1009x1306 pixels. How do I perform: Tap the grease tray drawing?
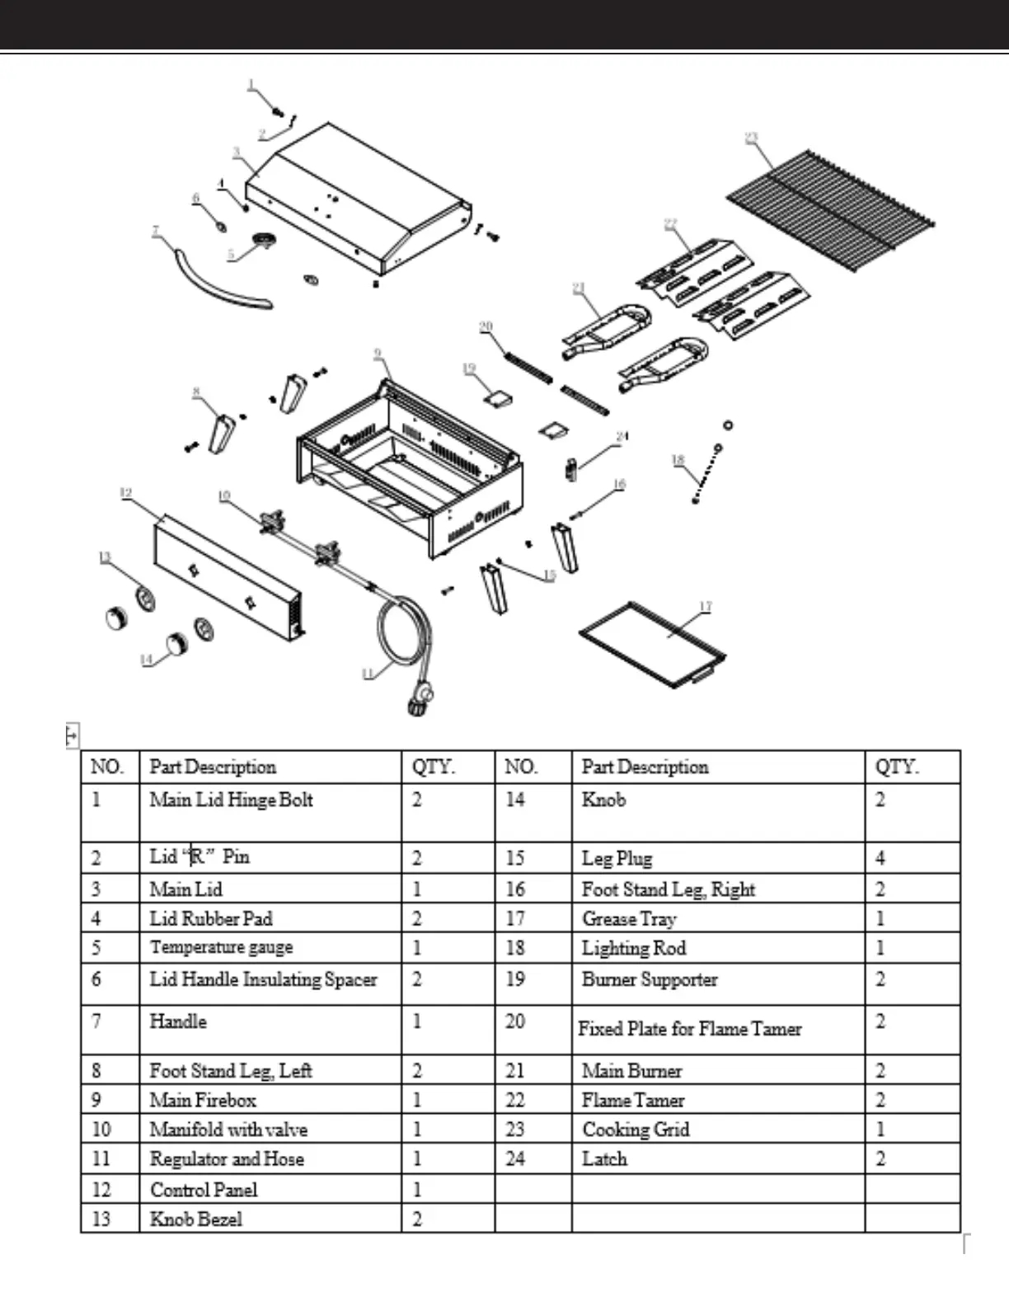(x=652, y=642)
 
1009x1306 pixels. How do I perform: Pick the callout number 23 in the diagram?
(x=751, y=138)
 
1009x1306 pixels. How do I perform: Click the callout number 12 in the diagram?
(x=125, y=493)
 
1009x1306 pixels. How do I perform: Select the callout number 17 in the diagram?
(x=706, y=607)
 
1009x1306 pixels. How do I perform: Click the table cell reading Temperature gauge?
(x=221, y=947)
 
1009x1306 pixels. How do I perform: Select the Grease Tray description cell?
(x=629, y=918)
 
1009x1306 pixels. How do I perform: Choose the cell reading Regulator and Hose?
(x=227, y=1158)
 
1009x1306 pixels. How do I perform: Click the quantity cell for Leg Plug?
(x=880, y=858)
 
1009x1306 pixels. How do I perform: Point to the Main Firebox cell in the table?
(x=203, y=1100)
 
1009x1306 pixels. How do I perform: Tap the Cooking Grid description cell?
(x=636, y=1130)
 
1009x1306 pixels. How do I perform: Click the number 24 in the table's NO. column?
(x=515, y=1158)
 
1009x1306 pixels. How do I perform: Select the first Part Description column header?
(x=213, y=767)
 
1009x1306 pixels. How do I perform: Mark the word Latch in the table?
(x=604, y=1158)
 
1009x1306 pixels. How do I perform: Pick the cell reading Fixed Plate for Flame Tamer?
(x=690, y=1029)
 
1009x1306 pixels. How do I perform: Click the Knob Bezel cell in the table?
(x=196, y=1219)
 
